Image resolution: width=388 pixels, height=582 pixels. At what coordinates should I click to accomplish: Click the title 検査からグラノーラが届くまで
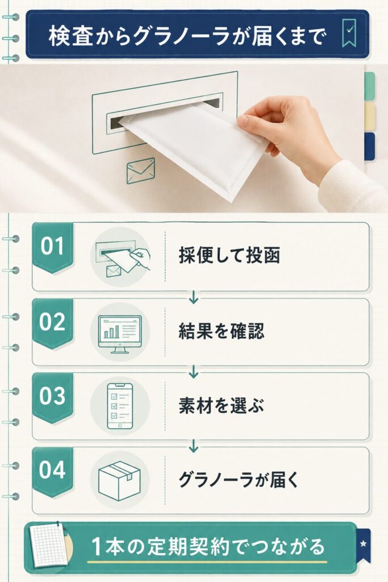(187, 36)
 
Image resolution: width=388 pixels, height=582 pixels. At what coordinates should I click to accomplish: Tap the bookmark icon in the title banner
(349, 32)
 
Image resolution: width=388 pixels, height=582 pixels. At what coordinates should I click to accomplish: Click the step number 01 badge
(52, 247)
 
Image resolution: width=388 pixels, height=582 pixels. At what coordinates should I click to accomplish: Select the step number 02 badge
(52, 323)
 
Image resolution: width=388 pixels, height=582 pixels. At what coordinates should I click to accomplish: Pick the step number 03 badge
(52, 397)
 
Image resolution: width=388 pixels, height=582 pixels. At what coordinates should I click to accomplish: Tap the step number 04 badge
(52, 471)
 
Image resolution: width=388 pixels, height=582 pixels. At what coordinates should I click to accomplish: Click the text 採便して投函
(230, 255)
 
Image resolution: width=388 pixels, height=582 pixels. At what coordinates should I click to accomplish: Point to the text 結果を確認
(222, 331)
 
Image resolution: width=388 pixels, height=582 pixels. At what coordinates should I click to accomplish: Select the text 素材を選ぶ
(222, 405)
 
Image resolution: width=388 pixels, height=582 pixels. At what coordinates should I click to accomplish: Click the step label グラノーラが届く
(239, 479)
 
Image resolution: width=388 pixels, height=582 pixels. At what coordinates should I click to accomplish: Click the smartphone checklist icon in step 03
(120, 406)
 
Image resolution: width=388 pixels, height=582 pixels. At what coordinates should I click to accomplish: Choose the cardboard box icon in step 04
(119, 481)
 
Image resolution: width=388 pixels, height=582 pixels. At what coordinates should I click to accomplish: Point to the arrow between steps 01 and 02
(193, 297)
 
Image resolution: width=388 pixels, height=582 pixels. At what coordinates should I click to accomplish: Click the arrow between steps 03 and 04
(193, 446)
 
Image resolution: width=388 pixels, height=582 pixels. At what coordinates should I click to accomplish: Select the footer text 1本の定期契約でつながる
(208, 547)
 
